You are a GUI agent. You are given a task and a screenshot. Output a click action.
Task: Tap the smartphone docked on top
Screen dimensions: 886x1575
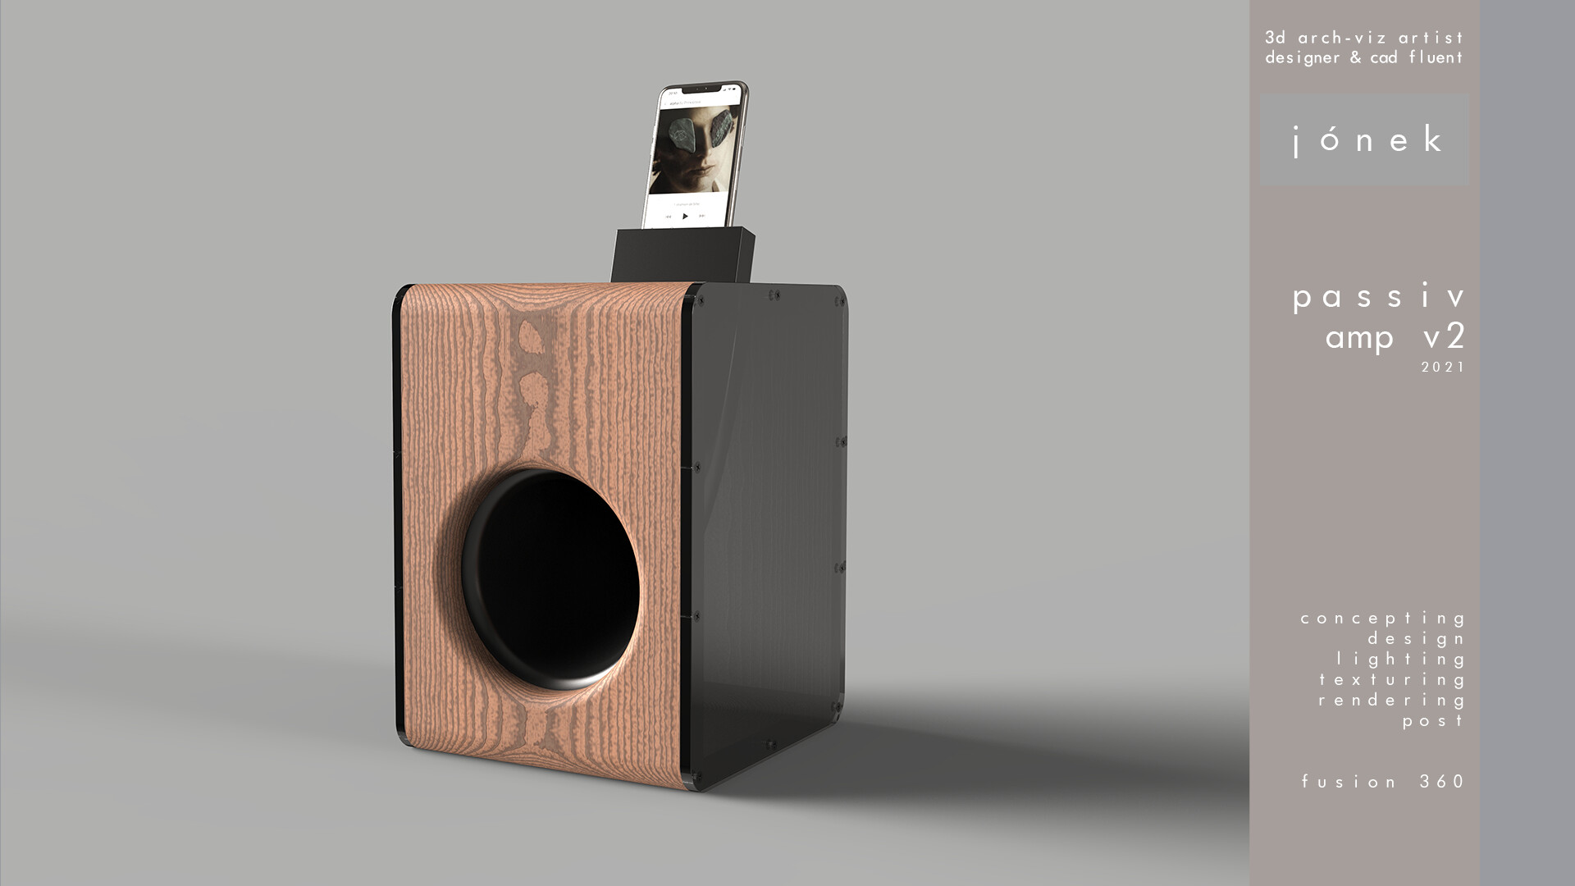coord(696,156)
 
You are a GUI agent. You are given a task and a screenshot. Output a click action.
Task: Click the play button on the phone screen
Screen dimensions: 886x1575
coord(686,217)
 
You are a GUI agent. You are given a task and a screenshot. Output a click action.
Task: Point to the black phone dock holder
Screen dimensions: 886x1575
coord(682,255)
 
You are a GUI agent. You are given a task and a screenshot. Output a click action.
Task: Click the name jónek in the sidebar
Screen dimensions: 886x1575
coord(1365,140)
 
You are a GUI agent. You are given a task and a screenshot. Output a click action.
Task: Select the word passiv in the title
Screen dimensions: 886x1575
coord(1378,297)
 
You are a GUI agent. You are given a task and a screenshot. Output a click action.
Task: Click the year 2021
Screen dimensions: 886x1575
coord(1443,368)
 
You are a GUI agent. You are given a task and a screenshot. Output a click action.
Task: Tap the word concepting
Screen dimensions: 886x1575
coord(1383,619)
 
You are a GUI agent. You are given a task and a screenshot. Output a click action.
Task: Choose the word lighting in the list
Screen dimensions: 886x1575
coord(1401,660)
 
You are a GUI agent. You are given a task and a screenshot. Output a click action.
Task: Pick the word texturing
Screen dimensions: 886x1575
coord(1392,680)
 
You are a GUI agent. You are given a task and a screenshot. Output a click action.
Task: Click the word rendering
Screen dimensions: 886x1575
coord(1392,701)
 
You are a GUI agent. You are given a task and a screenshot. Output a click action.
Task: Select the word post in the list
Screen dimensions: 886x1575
coord(1433,721)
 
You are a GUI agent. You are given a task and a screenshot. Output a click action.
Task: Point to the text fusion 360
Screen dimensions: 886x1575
coord(1383,782)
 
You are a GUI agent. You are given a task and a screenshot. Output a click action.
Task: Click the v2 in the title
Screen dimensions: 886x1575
coord(1445,337)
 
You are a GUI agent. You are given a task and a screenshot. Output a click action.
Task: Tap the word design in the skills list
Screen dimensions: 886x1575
coord(1417,639)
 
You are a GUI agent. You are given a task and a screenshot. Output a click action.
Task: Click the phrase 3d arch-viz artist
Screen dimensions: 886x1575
coord(1364,38)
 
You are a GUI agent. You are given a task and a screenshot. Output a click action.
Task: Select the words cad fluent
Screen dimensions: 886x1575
coord(1417,57)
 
